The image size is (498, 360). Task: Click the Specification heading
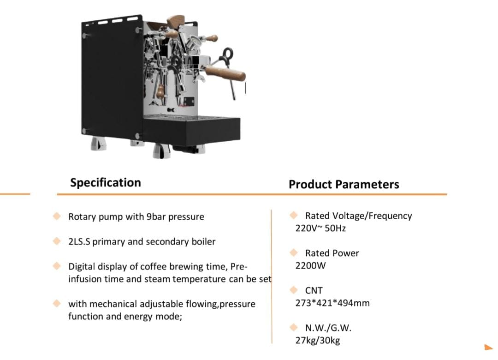pyautogui.click(x=106, y=183)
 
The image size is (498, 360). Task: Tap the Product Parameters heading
pyautogui.click(x=344, y=185)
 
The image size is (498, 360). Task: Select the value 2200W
pyautogui.click(x=310, y=265)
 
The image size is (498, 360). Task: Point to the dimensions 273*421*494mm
pyautogui.click(x=332, y=303)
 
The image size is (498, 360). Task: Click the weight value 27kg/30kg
pyautogui.click(x=318, y=341)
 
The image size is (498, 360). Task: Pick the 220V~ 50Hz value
pyautogui.click(x=320, y=228)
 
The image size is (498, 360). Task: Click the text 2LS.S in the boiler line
pyautogui.click(x=79, y=242)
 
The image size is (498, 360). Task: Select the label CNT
pyautogui.click(x=314, y=290)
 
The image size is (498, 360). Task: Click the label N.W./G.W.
pyautogui.click(x=328, y=328)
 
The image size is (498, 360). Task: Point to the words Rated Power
pyautogui.click(x=332, y=253)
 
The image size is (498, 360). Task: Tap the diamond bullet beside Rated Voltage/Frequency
pyautogui.click(x=294, y=215)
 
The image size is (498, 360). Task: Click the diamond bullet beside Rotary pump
pyautogui.click(x=57, y=216)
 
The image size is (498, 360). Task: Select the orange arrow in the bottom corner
pyautogui.click(x=488, y=347)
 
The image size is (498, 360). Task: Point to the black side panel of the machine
pyautogui.click(x=111, y=79)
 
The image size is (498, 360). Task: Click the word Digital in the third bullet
pyautogui.click(x=82, y=266)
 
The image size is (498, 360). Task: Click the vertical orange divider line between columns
pyautogui.click(x=272, y=276)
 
